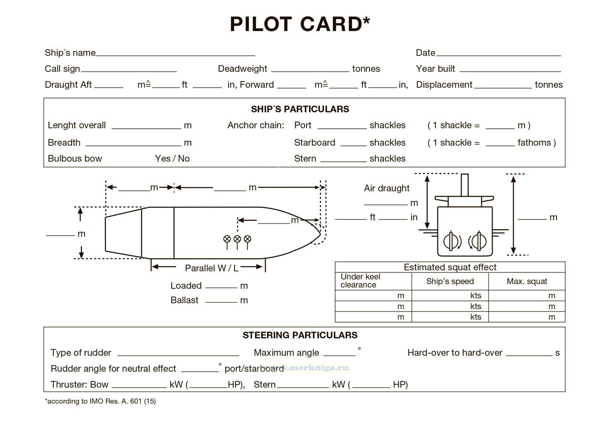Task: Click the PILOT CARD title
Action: click(300, 24)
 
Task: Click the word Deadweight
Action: click(242, 69)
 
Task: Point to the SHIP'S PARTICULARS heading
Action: click(300, 109)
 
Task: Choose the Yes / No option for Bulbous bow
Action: click(172, 159)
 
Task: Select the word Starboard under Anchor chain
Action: click(314, 143)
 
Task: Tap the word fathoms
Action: click(535, 143)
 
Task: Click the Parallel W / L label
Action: click(212, 268)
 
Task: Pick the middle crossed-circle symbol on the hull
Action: click(237, 239)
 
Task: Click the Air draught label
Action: click(386, 188)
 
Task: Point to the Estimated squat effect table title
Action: click(450, 267)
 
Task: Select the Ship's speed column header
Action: click(450, 281)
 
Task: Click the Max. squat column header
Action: click(526, 281)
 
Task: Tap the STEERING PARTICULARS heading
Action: click(300, 335)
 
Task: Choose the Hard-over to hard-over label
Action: click(454, 353)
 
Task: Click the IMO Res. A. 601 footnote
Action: click(101, 401)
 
